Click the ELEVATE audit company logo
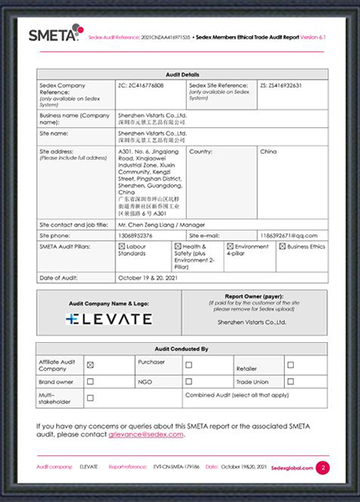coord(110,318)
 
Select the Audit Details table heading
coord(182,74)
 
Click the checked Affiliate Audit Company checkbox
coord(90,365)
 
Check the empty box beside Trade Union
coord(291,382)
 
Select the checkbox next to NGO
coord(188,382)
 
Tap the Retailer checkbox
coord(291,365)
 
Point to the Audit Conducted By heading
coord(182,348)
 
